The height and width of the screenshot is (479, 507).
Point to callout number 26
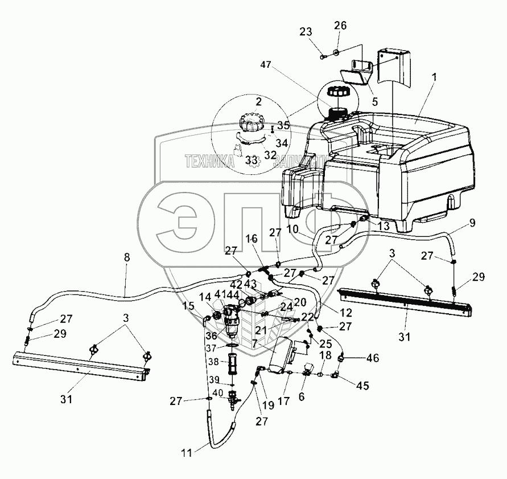pos(340,26)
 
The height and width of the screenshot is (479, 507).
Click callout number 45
pos(362,386)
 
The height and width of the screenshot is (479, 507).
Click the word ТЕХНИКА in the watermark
pos(209,162)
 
